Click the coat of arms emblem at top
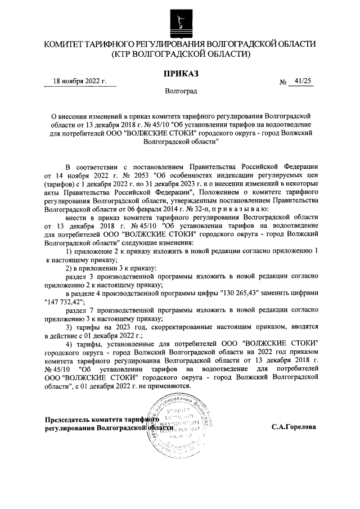(x=180, y=19)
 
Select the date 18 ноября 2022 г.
(x=79, y=81)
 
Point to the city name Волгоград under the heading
(x=180, y=91)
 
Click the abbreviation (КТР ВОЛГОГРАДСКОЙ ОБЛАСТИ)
(x=180, y=54)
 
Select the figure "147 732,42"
(x=64, y=301)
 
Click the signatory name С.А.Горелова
(x=294, y=427)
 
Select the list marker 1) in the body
(x=70, y=250)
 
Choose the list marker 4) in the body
(x=70, y=343)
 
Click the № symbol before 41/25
(x=283, y=82)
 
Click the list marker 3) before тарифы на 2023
(x=70, y=327)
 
